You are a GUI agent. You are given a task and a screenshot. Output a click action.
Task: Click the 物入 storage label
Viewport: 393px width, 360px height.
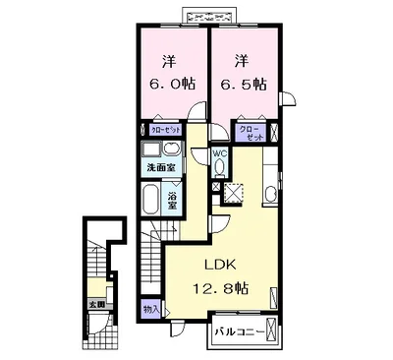click(x=151, y=309)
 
